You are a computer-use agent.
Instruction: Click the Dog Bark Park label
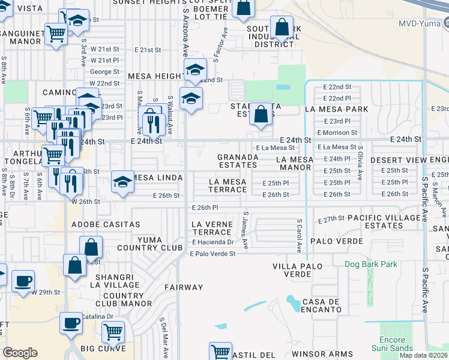click(371, 263)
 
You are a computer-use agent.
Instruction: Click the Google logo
click(20, 353)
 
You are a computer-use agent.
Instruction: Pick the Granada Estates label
click(238, 161)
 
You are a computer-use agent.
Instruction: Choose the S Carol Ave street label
click(299, 235)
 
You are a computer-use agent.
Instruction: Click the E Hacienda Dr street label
click(212, 242)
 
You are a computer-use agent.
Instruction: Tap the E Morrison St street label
click(337, 132)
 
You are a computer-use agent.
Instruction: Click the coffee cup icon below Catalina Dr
click(71, 323)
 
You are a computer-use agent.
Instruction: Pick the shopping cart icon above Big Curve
click(113, 331)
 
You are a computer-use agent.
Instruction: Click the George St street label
click(101, 71)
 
